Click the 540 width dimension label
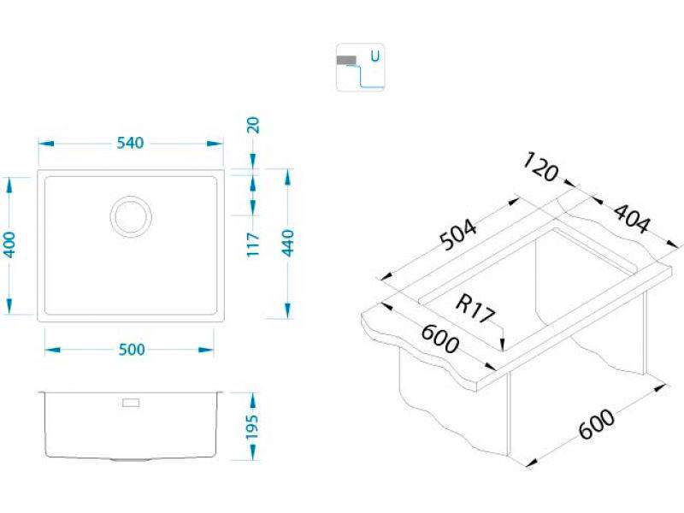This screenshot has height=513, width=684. pos(129,143)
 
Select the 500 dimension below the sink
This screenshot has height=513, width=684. pos(130,349)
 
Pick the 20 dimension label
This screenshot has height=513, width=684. pos(254,126)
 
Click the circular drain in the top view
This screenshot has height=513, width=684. pos(131,215)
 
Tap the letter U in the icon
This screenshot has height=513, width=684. pos(374,56)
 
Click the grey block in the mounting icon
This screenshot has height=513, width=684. pos(346,61)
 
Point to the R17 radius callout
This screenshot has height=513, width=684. pos(475,307)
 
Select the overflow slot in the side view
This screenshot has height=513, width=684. pos(133,401)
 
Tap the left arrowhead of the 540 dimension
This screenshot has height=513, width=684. pos(43,143)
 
